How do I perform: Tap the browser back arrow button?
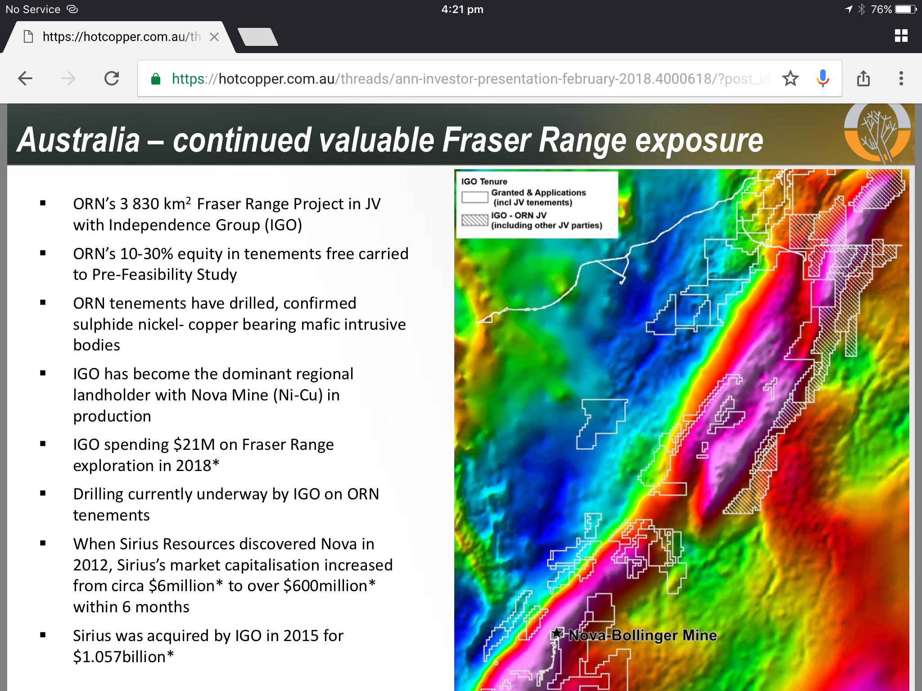25,79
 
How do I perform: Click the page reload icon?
112,79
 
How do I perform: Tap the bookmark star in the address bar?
790,79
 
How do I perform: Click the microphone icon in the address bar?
823,78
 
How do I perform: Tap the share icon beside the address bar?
863,78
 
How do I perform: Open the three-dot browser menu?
901,79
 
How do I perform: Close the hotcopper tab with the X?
214,37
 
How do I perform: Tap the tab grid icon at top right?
901,36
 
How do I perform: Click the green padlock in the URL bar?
156,79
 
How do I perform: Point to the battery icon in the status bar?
906,9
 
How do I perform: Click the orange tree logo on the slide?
877,133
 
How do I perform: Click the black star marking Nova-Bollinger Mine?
557,633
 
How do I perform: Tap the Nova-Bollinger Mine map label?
642,635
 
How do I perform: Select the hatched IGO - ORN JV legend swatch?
475,220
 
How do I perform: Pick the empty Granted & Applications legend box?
475,197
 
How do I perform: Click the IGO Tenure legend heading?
484,181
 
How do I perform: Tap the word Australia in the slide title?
78,140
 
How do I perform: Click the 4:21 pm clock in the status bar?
462,9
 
